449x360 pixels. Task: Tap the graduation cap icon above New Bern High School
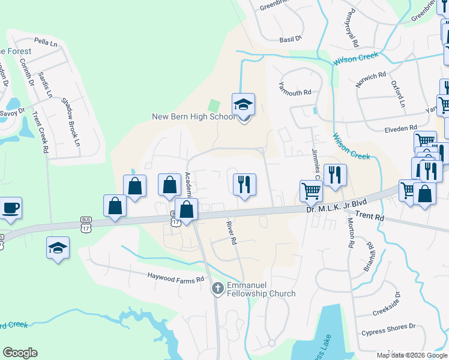[243, 104]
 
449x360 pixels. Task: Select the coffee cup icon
[11, 208]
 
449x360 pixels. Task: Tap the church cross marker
[217, 289]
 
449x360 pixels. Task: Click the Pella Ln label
[45, 41]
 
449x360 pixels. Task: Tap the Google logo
[20, 353]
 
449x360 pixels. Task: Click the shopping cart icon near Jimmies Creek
[311, 191]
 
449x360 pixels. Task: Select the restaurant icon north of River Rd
[244, 184]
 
